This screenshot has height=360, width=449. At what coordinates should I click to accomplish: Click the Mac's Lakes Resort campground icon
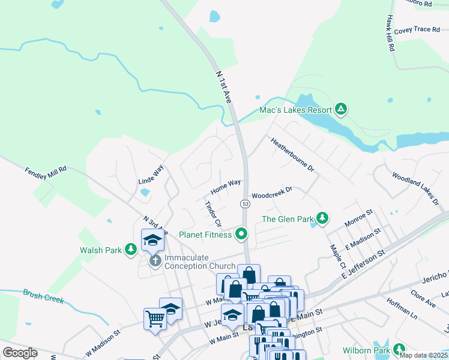(341, 109)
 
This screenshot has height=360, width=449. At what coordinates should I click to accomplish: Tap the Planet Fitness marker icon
(242, 234)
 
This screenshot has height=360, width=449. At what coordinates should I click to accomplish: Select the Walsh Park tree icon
(130, 250)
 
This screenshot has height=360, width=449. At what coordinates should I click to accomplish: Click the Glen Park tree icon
(322, 218)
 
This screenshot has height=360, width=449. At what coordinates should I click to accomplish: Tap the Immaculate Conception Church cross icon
(155, 261)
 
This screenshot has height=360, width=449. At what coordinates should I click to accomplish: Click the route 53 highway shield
(246, 204)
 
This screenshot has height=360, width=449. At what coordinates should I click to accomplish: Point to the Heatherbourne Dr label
(292, 155)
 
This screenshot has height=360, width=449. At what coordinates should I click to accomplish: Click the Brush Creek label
(43, 296)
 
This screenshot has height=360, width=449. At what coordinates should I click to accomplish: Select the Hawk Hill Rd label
(390, 32)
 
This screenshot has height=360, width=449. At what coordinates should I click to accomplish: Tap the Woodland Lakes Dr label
(415, 189)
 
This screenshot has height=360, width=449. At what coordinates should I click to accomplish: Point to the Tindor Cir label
(214, 214)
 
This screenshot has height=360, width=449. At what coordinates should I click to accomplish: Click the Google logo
(20, 353)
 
